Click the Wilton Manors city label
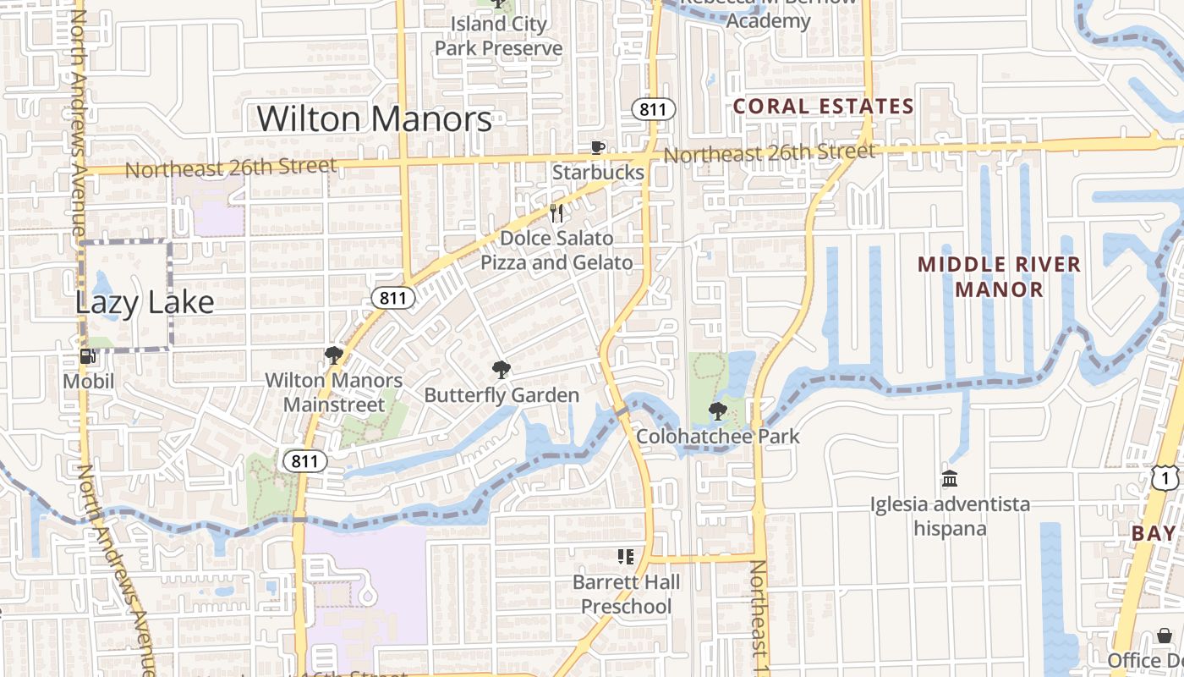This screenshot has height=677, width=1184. coord(375,119)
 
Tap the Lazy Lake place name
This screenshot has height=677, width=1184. coord(145,302)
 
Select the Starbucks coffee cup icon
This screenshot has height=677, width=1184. coord(598,148)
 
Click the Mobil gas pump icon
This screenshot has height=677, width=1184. coord(87,356)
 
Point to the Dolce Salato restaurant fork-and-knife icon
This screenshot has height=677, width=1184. coord(556,212)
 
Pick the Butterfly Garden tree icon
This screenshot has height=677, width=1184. coord(502,370)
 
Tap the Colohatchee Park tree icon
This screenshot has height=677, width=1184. coord(717,412)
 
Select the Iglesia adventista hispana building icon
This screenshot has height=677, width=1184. coord(950,479)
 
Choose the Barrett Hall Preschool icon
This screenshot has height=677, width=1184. coord(626,557)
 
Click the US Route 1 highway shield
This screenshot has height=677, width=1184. coord(1165,479)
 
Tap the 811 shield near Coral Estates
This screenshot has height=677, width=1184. coord(654,108)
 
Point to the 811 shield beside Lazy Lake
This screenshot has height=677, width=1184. coord(393,298)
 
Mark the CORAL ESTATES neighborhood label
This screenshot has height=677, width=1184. coord(824,107)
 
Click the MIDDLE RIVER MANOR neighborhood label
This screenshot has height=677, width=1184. coord(999,277)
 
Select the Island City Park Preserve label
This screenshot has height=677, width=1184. coord(498,36)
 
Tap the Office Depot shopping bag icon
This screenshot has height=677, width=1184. coord(1165,636)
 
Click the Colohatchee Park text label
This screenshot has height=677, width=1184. coord(717,437)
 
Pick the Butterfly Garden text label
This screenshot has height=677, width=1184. coord(502,395)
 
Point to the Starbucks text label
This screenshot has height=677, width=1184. coord(598,173)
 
